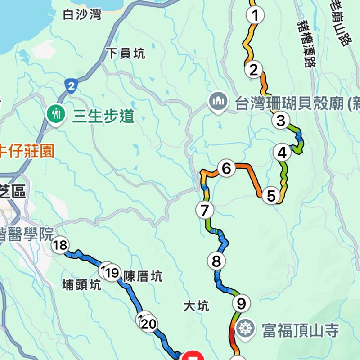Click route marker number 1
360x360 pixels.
pyautogui.click(x=255, y=16)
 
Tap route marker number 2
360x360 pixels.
pyautogui.click(x=253, y=70)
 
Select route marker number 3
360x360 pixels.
pyautogui.click(x=281, y=121)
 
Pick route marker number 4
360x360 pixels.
pyautogui.click(x=282, y=153)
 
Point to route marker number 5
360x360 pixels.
pyautogui.click(x=271, y=196)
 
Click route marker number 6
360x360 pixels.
pyautogui.click(x=226, y=169)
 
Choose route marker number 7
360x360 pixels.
pyautogui.click(x=205, y=210)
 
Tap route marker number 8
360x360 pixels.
pyautogui.click(x=216, y=261)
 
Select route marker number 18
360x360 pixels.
pyautogui.click(x=60, y=245)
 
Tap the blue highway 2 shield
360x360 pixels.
pyautogui.click(x=71, y=86)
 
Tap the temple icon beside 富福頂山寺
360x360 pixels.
pyautogui.click(x=246, y=328)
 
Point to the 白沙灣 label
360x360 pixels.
pyautogui.click(x=82, y=15)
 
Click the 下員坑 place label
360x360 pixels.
pyautogui.click(x=126, y=54)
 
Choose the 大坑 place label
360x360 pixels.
pyautogui.click(x=197, y=307)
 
